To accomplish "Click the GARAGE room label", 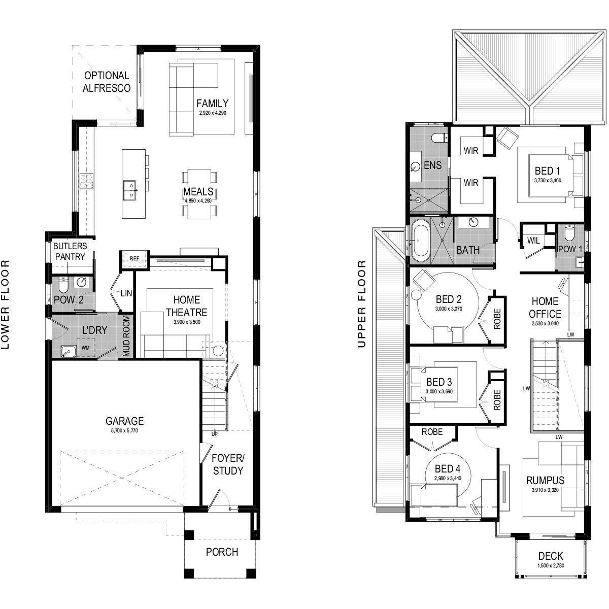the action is [124, 421].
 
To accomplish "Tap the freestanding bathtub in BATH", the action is [420, 240].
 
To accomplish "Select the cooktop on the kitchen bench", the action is [86, 181].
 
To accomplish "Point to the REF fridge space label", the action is [134, 258].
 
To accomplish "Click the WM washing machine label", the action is [85, 348].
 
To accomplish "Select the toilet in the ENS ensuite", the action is [440, 137].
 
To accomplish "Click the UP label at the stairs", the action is [215, 433].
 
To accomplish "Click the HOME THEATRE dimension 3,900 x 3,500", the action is [187, 322].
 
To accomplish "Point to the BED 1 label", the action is [547, 171].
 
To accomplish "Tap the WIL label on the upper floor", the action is [533, 241].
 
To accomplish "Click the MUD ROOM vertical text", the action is [126, 336].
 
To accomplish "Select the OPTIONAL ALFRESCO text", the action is [107, 82].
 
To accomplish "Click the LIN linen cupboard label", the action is [126, 293].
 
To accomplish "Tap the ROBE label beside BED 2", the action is [497, 319].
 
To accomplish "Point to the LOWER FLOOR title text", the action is [5, 304].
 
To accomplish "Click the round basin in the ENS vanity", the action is [416, 166].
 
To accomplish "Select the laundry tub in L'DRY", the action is [68, 351].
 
